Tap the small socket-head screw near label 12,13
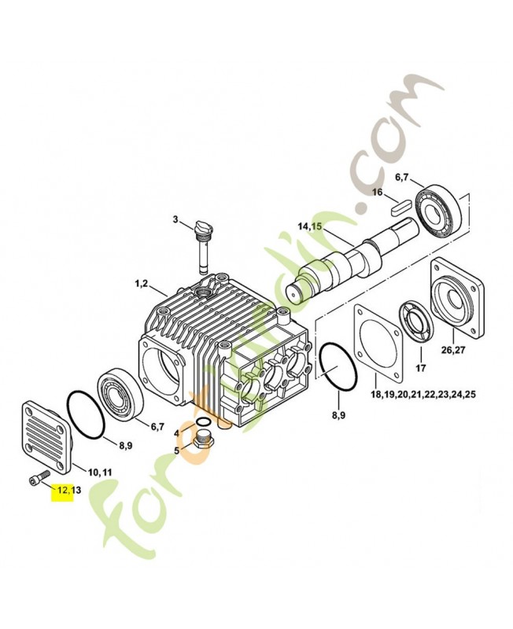[39, 477]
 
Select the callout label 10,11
[99, 473]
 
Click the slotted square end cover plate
[46, 435]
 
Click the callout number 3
[175, 219]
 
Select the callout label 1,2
[142, 284]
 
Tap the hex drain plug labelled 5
[204, 443]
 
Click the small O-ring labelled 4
[203, 422]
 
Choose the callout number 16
[378, 192]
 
